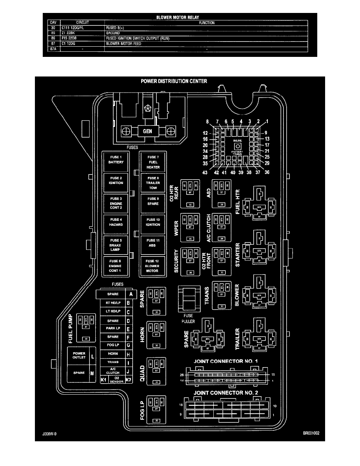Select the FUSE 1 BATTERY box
[x=116, y=160]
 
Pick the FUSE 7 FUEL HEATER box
[x=153, y=162]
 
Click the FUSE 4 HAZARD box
[x=116, y=222]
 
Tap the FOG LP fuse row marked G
[x=113, y=345]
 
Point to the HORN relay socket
[x=156, y=335]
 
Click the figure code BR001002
[x=312, y=435]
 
